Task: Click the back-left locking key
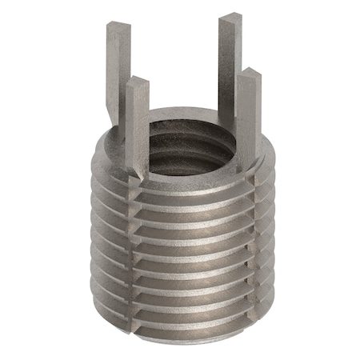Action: (x=114, y=72)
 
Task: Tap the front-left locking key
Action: (x=138, y=120)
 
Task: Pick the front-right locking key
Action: (x=247, y=112)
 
